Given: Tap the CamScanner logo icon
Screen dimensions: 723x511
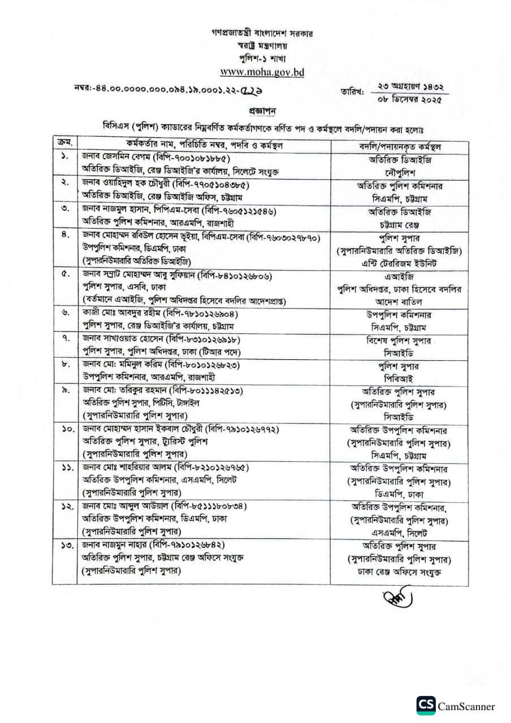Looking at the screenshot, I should tap(426, 705).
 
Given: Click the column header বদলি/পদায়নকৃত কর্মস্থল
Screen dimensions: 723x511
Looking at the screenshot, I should tap(400, 146).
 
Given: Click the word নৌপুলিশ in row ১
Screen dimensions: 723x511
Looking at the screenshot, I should tap(399, 172).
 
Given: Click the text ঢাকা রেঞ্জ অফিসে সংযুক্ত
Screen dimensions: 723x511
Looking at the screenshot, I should tap(399, 573).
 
